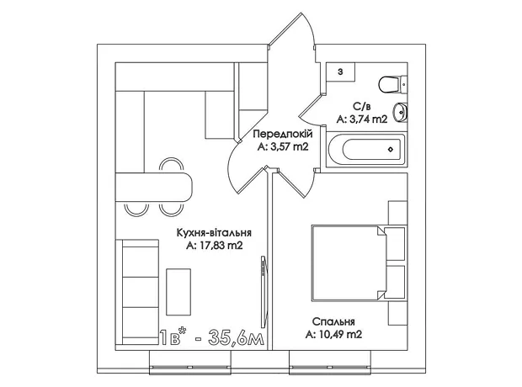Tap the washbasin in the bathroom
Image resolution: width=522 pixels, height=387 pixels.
tap(400, 113)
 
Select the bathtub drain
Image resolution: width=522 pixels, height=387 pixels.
tap(391, 150)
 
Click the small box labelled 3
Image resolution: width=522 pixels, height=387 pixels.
tap(340, 72)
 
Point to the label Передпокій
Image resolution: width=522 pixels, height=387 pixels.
tap(283, 134)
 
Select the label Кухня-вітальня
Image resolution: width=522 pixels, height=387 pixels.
tap(214, 232)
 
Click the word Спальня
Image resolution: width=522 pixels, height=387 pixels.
tap(333, 321)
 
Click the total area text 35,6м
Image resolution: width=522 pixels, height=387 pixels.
tap(236, 337)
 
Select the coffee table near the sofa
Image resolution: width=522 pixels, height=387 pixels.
tap(178, 292)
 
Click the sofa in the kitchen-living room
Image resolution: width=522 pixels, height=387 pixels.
tap(137, 292)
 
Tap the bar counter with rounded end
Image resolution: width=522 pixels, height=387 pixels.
tap(154, 187)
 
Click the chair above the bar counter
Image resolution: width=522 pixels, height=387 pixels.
tap(171, 165)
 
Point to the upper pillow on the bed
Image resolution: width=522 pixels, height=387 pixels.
tap(395, 244)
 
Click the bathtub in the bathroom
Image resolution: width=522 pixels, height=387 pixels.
tap(366, 150)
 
